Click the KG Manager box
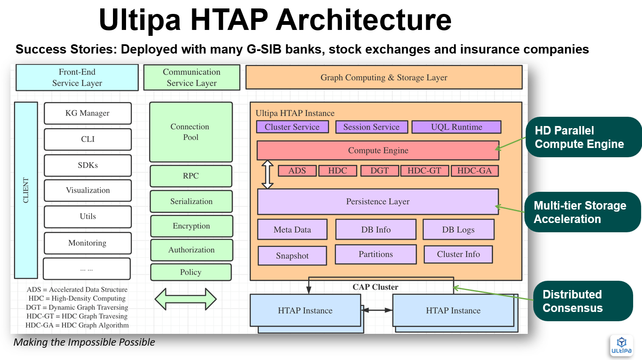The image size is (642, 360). pos(88,113)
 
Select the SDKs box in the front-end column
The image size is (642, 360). pos(88,165)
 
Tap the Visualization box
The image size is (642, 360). pos(88,191)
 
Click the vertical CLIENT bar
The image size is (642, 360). pos(26,190)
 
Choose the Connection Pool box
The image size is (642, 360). pos(191,132)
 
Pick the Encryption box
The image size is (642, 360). pos(191,226)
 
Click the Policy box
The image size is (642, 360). pos(191,272)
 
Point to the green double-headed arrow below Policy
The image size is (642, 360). pos(185,299)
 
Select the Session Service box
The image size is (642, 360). pos(371,127)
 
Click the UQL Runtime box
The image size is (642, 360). pos(457,127)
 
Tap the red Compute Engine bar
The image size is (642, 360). pos(378,150)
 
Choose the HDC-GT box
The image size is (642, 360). pos(424,171)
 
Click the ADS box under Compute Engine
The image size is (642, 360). pos(297,171)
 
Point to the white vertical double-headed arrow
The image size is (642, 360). pos(268,174)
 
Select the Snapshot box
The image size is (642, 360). pos(292,256)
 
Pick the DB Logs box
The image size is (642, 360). pos(458,230)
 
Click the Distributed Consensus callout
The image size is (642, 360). pos(583,301)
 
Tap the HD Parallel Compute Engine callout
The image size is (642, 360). pos(583,137)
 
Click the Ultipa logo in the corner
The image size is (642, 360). pos(621,346)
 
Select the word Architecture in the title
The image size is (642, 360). pos(364,20)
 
